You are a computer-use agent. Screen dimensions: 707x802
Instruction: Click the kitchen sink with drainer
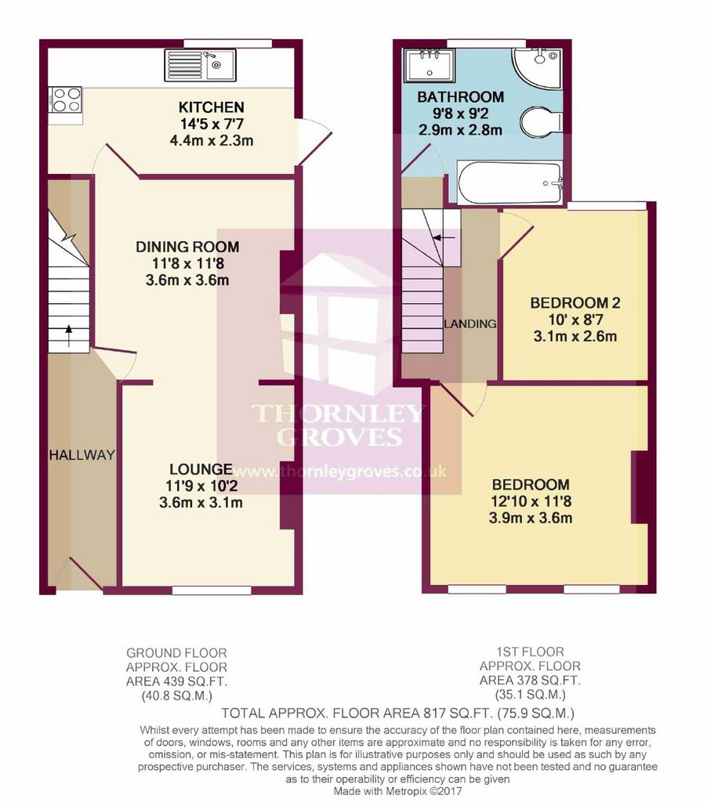coord(200,65)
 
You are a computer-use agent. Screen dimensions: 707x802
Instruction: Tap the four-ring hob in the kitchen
coord(66,99)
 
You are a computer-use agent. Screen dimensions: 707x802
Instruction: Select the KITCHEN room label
coord(212,107)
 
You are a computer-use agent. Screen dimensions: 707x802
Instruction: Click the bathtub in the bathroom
coord(510,183)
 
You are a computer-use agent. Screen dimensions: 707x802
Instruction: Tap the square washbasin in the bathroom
coord(429,65)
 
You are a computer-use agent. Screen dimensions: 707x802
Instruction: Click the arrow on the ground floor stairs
coord(69,335)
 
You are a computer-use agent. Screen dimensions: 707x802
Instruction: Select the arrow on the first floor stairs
coord(444,238)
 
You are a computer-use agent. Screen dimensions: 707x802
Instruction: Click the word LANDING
coord(470,323)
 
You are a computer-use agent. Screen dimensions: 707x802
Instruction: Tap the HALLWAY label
coord(82,455)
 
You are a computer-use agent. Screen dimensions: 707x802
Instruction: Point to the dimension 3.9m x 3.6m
coord(531,518)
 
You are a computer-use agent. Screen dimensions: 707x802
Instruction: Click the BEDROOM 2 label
coord(575,303)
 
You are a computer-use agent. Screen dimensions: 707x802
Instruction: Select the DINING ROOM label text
coord(187,247)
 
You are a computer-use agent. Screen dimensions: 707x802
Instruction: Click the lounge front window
coord(212,591)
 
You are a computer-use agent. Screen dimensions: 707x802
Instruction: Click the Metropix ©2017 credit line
coord(397,791)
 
